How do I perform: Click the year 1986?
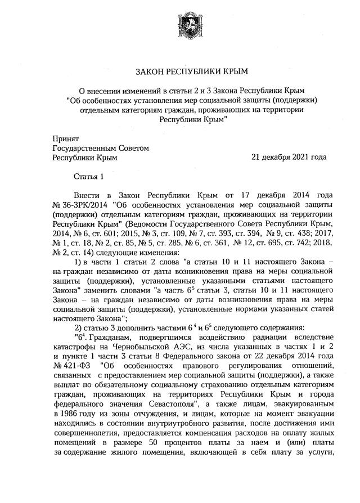[70, 416]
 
